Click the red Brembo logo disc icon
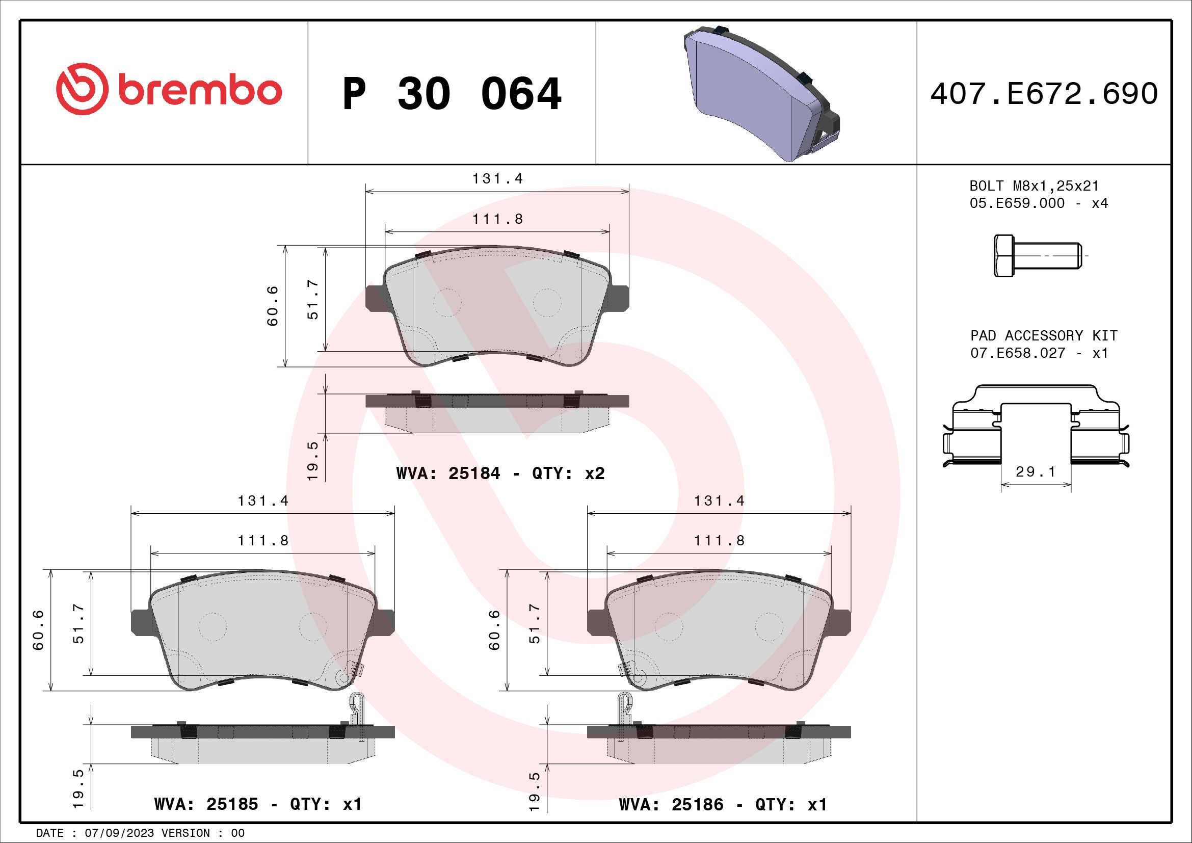82,89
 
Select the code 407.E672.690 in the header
1044,94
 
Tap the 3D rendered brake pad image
758,93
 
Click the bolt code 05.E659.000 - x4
1038,203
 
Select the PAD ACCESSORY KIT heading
1044,335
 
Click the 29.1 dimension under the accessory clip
1035,471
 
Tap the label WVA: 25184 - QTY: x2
500,473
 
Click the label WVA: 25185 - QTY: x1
258,804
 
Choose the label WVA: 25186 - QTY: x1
723,804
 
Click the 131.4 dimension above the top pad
497,178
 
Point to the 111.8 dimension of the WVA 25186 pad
719,540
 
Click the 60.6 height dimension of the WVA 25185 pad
38,629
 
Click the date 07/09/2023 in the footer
119,833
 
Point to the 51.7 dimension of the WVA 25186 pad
535,623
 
